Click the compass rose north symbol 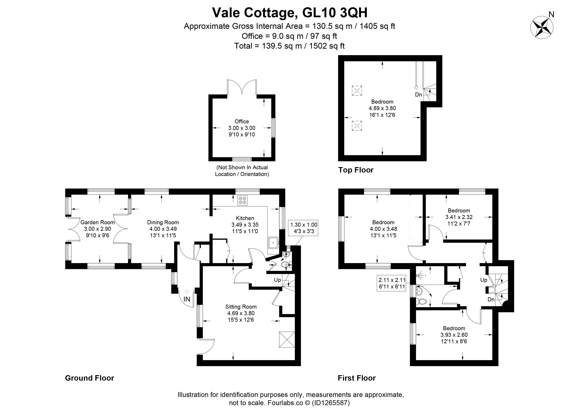pyautogui.click(x=542, y=27)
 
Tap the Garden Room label pyautogui.click(x=97, y=222)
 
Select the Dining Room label pyautogui.click(x=163, y=222)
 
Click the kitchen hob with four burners pyautogui.click(x=242, y=200)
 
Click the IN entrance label pyautogui.click(x=187, y=299)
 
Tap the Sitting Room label pyautogui.click(x=241, y=307)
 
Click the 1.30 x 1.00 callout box pyautogui.click(x=304, y=228)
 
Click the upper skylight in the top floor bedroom pyautogui.click(x=357, y=91)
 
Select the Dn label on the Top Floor pyautogui.click(x=418, y=95)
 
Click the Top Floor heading pyautogui.click(x=356, y=170)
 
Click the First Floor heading pyautogui.click(x=357, y=378)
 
